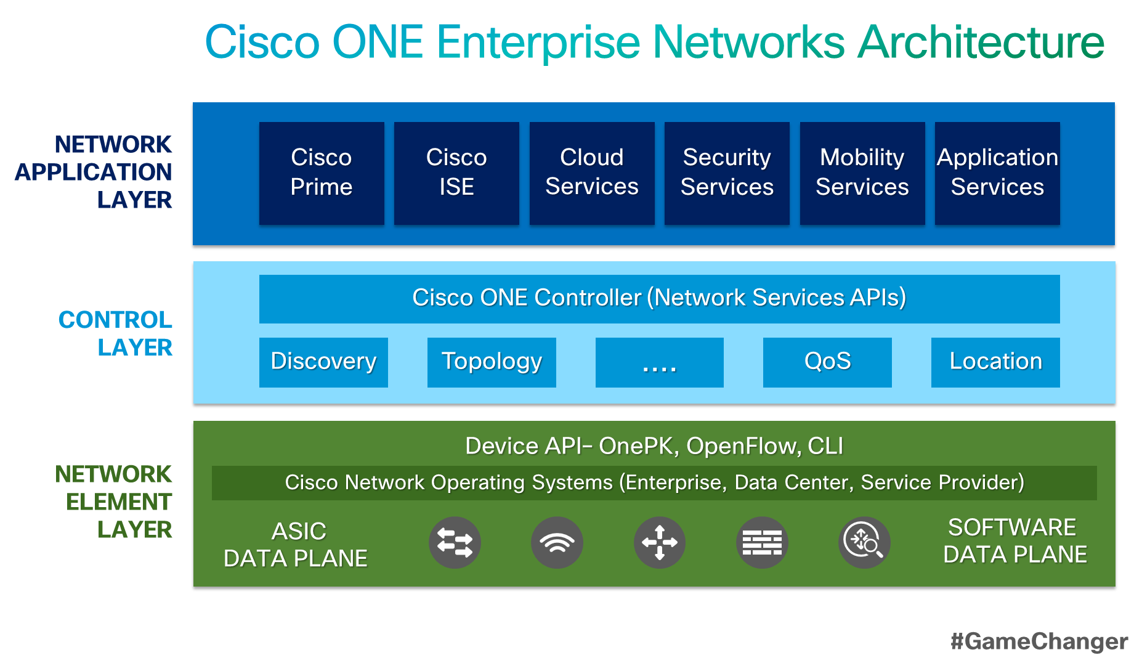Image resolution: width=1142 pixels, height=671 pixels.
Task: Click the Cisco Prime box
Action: point(322,173)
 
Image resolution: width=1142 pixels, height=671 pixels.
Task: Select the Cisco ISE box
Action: point(456,173)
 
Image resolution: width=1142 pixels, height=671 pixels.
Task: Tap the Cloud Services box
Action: point(592,173)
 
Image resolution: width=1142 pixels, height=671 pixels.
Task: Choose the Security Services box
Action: point(727,173)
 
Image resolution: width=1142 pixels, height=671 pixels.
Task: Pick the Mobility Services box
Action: point(862,173)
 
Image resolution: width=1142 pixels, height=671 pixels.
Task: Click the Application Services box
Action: point(997,173)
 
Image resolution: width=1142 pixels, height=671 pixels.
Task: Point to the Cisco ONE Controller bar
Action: point(659,299)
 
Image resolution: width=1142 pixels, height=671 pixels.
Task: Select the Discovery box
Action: point(323,362)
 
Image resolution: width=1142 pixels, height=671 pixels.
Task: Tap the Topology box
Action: point(492,362)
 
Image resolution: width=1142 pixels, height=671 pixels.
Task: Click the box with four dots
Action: point(659,362)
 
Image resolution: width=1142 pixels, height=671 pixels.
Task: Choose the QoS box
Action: point(827,362)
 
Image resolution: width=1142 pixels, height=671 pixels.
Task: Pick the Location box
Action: point(995,362)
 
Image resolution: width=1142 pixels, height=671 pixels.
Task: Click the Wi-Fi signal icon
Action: point(557,543)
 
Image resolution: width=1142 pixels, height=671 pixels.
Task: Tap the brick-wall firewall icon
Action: point(762,543)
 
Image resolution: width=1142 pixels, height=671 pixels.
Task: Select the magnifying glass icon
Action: point(864,543)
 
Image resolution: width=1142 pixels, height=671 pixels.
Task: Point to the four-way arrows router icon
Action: point(660,543)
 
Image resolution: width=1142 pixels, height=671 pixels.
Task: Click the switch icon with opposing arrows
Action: point(455,543)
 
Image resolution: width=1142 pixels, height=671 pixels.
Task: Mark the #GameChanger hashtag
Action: point(1039,641)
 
